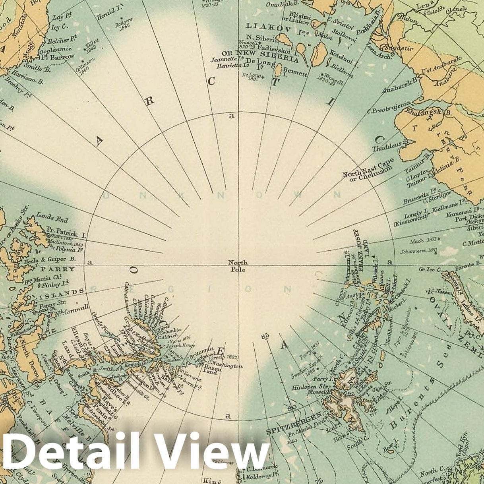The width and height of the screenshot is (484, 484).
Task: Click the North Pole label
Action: tap(238, 266)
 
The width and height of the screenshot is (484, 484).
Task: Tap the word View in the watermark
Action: tap(209, 452)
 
